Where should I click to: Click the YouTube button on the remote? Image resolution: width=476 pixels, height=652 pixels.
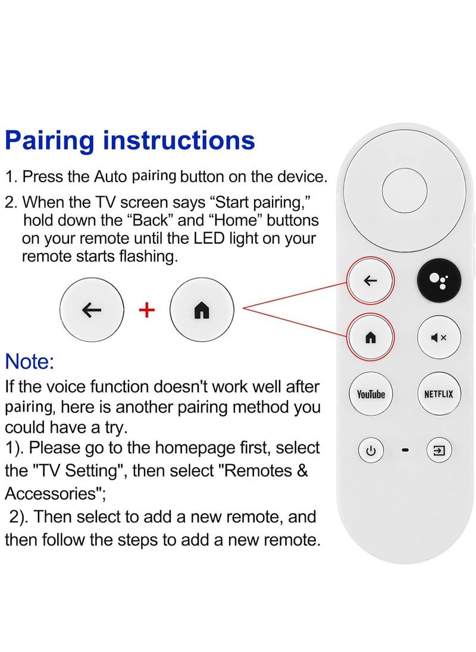point(371,394)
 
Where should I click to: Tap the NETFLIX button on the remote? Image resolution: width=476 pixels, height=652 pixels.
point(439,394)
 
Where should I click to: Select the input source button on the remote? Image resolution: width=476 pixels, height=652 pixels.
point(439,450)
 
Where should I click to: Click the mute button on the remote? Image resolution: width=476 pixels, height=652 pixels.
point(439,338)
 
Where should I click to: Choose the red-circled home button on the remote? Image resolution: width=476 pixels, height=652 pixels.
point(371,338)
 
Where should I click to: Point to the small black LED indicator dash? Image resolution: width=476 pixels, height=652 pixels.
point(406,450)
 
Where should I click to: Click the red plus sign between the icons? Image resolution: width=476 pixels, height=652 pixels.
point(146,310)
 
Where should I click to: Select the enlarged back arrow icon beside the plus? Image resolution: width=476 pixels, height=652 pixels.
point(92,310)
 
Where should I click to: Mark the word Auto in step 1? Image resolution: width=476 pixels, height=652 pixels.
point(111,177)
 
